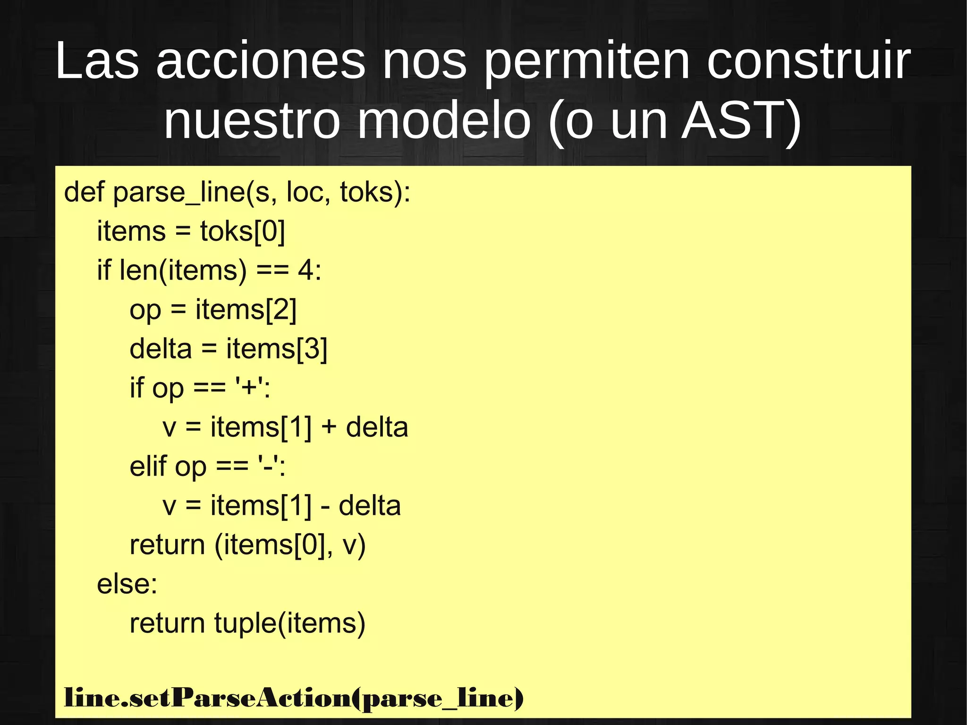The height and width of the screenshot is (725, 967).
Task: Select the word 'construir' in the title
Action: coord(808,61)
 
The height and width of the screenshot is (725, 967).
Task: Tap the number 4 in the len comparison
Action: coord(305,271)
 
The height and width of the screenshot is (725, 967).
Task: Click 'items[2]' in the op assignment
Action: coord(246,310)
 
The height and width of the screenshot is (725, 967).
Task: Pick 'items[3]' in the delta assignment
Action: coord(277,349)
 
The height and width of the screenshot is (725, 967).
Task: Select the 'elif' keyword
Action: coord(148,467)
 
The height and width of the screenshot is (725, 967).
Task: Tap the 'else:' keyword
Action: coord(127,584)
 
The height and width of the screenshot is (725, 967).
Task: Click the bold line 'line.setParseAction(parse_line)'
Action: coord(294,698)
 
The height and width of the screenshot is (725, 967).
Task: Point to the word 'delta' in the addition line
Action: coord(377,427)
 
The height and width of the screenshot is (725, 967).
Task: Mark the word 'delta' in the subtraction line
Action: coord(370,506)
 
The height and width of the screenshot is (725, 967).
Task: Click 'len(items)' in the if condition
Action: coord(183,271)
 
